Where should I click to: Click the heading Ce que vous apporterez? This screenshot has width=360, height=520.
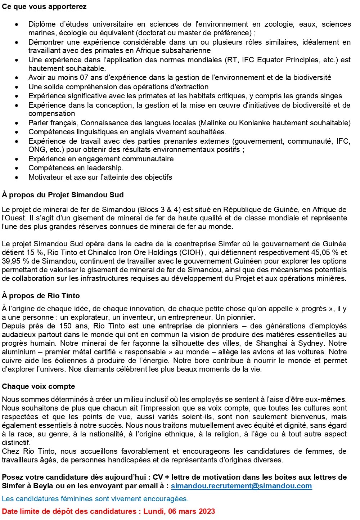point(44,7)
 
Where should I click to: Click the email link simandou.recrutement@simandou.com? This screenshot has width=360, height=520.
point(241,486)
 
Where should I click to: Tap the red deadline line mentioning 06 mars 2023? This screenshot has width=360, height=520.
point(108,511)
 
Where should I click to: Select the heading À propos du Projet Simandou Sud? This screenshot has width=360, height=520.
point(63,195)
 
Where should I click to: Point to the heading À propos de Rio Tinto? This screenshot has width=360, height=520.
point(41,296)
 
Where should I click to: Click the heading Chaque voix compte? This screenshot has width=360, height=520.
point(39,386)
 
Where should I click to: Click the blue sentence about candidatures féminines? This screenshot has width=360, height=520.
point(95,499)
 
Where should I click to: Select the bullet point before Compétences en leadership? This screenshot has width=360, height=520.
point(17,168)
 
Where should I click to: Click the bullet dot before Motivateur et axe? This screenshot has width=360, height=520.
point(17,178)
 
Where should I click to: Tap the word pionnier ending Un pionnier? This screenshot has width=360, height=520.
point(240,317)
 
